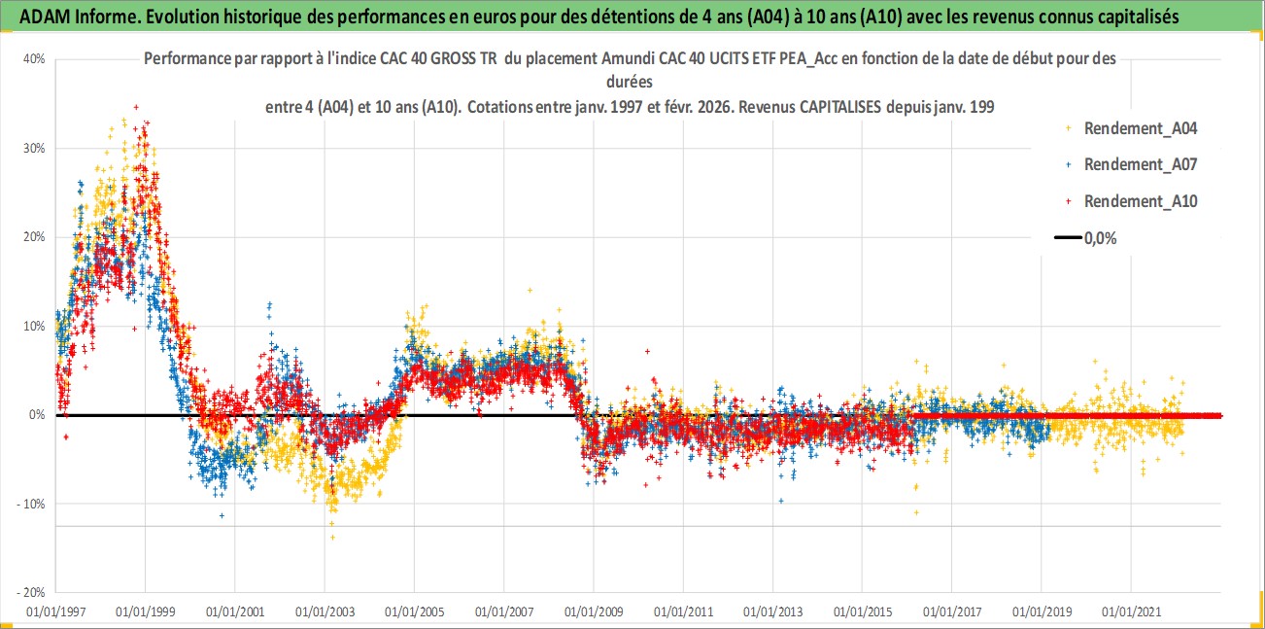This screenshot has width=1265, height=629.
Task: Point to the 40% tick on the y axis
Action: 35,58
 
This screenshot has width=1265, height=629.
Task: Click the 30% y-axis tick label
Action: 35,148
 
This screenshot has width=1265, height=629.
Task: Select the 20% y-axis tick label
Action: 35,237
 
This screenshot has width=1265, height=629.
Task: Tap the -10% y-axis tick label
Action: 33,504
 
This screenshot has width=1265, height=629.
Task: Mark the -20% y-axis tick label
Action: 33,592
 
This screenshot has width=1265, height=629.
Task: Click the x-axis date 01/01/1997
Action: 56,612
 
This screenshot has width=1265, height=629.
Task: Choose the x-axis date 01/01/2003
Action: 325,612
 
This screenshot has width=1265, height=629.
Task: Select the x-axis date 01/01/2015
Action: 862,612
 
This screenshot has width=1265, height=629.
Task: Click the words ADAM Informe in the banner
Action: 66,16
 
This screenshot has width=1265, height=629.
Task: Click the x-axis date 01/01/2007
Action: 503,612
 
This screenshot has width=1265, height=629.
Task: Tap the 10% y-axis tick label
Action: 35,326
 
